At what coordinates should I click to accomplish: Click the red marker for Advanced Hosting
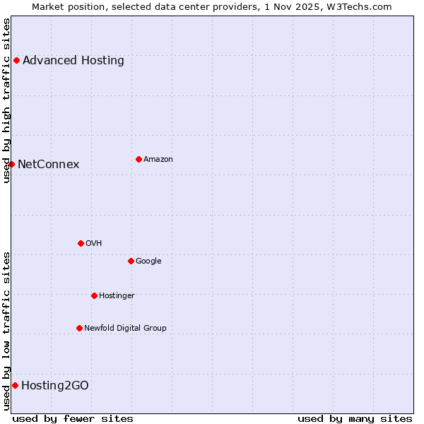pos(16,61)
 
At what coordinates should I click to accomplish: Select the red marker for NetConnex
pos(11,165)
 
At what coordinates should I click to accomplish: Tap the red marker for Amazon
pos(139,159)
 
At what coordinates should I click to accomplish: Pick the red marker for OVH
pos(81,243)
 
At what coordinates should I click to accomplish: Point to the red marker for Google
pos(131,261)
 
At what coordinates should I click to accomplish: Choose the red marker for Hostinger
pos(94,295)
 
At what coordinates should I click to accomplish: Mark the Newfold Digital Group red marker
pos(79,328)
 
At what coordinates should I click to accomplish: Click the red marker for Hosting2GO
pos(15,385)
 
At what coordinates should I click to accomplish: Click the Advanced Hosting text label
pos(73,61)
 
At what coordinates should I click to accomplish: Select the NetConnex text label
pos(48,165)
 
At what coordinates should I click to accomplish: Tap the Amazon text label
pos(158,159)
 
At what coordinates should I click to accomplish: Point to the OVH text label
pos(94,243)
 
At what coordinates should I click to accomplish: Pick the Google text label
pos(148,261)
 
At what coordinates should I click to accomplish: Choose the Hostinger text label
pos(117,295)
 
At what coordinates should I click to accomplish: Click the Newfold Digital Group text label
pos(125,328)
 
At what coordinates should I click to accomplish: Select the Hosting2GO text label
pos(55,385)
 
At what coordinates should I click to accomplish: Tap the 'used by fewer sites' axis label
pos(73,418)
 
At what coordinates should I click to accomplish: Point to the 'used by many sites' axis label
pos(355,418)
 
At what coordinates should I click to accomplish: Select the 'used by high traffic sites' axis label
pos(6,100)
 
